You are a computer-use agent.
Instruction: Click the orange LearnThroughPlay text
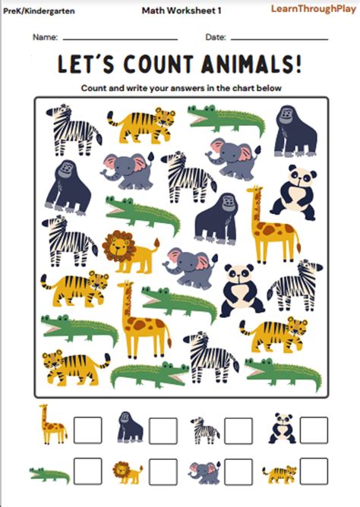tap(311, 8)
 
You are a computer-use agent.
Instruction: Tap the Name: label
tap(46, 36)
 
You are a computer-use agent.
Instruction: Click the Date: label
tap(216, 36)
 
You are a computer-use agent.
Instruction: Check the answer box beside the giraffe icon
tap(87, 430)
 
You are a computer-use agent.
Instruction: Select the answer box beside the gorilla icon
tap(163, 430)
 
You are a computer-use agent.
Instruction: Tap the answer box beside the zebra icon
tap(238, 430)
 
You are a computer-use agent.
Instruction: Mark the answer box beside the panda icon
tap(313, 430)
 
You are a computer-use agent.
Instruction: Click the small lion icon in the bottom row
tap(127, 473)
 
